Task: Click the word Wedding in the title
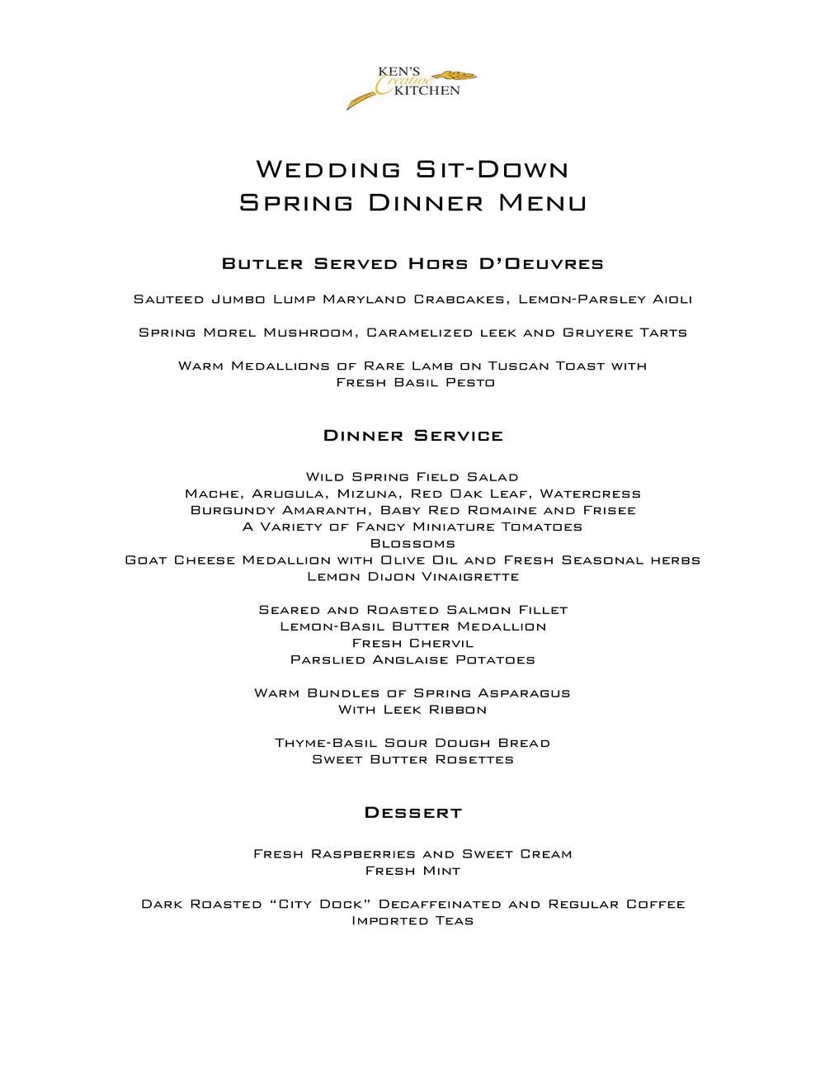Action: [x=328, y=169]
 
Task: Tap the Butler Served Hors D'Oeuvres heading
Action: [x=412, y=264]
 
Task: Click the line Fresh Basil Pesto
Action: [x=415, y=382]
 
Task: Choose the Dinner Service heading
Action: [x=412, y=436]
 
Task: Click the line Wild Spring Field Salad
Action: [x=412, y=477]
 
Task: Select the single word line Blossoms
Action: [x=412, y=543]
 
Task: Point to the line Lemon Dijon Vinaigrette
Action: [x=412, y=576]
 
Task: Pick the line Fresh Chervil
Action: [x=412, y=643]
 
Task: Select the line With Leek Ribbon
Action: [x=412, y=710]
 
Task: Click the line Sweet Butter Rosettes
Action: [x=412, y=759]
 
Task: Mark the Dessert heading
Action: [x=412, y=813]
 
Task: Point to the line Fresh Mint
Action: [x=412, y=871]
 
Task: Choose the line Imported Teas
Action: [x=412, y=920]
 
